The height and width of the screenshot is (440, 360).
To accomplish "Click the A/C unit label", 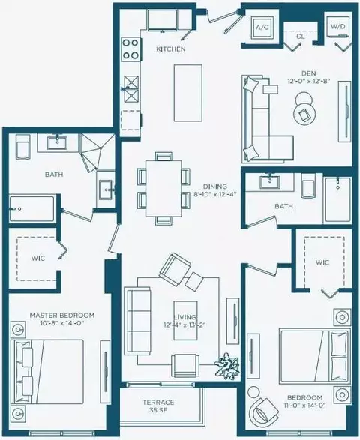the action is coord(262,28).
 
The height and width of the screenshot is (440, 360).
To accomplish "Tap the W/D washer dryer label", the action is coord(338,27).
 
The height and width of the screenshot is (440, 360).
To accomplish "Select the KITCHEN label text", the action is coord(171,49).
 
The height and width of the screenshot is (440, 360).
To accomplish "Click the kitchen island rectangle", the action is coord(187,93).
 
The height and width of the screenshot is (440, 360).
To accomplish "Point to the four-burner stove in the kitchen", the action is coord(130,49).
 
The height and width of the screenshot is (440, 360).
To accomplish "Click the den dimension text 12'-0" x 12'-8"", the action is coord(308,82).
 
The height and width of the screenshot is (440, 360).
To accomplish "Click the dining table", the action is coord(163,188).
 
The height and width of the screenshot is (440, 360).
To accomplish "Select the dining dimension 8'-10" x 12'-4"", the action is coord(215,194).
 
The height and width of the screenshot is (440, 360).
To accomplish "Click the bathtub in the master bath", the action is coord(31,209).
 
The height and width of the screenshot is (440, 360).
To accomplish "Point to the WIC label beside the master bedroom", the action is coord(38,258).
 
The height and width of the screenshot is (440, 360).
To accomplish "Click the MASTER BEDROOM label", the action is coord(62,316).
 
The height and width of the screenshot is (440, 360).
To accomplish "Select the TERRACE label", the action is coord(158,402).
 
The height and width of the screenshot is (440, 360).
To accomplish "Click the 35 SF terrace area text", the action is coord(158,410).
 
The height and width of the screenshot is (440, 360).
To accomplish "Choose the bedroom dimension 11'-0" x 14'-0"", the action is coord(304,406).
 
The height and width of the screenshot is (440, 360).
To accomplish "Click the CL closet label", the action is coord(301,37).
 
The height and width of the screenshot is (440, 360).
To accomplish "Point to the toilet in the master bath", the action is coord(23,147).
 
